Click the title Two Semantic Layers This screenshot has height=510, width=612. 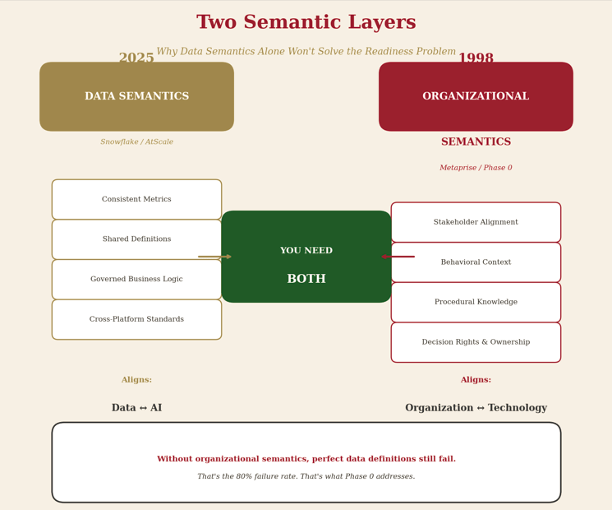tap(306, 23)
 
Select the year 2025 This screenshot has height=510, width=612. tap(136, 58)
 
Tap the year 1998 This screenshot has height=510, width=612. tap(476, 58)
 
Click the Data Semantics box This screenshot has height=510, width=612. tap(136, 96)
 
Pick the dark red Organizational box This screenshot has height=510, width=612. tap(476, 96)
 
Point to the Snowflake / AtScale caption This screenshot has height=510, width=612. tap(136, 142)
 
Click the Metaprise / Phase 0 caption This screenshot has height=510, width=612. tap(476, 168)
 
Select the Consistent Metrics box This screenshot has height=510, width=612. tap(136, 200)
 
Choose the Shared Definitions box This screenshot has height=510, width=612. tap(136, 239)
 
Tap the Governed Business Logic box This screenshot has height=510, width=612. tap(136, 280)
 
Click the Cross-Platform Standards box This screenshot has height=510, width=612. tap(136, 319)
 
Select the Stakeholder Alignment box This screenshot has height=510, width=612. tap(476, 222)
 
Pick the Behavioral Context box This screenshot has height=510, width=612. tap(476, 262)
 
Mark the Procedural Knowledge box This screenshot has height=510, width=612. tap(476, 302)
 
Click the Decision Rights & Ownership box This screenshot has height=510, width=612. tap(476, 342)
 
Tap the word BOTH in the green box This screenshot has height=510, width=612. tap(306, 280)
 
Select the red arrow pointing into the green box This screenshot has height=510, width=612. tap(398, 257)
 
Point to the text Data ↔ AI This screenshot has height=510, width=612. tap(136, 408)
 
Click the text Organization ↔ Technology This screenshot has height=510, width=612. tap(476, 408)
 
